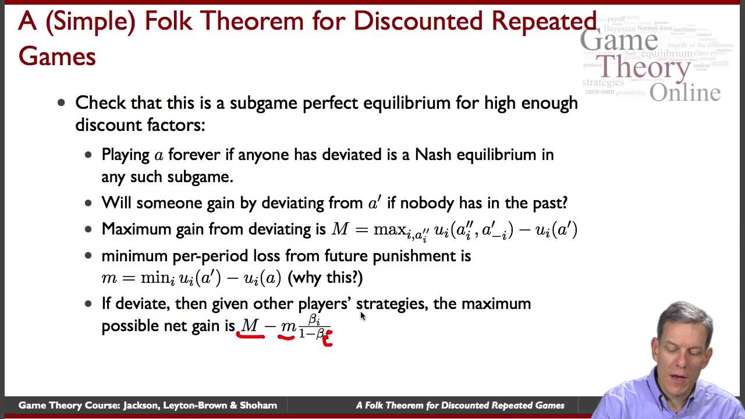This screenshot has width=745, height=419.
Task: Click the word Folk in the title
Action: click(x=173, y=22)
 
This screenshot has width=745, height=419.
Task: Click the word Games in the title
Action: click(x=57, y=56)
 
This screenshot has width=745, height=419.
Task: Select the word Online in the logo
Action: click(x=684, y=92)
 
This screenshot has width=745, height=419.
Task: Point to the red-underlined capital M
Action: click(x=250, y=326)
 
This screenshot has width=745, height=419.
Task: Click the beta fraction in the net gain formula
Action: click(x=314, y=326)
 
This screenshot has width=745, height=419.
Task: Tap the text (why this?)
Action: click(x=325, y=278)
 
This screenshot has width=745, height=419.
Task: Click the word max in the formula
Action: click(x=389, y=229)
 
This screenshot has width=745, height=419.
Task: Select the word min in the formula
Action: click(x=155, y=278)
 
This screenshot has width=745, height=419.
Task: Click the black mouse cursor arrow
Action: click(x=363, y=316)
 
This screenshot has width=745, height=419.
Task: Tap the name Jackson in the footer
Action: click(x=142, y=406)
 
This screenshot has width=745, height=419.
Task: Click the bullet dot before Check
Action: click(x=62, y=104)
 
